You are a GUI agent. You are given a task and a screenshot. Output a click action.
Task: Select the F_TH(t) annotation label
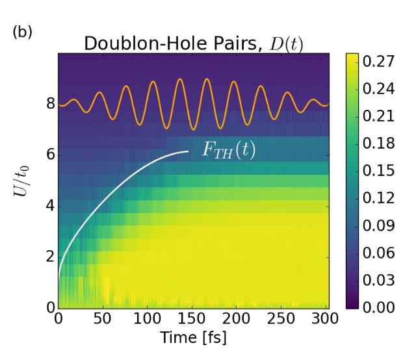pos(227,149)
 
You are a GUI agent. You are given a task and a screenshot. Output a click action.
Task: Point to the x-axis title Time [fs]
pos(193,339)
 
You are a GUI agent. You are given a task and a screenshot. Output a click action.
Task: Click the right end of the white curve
pos(188,151)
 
